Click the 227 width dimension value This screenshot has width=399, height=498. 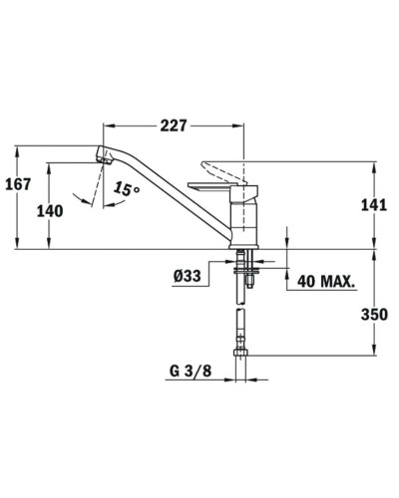click(x=176, y=126)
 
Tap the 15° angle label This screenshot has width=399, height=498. click(x=127, y=188)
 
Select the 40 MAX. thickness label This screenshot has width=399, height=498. click(x=325, y=282)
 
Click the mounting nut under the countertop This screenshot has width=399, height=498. click(x=244, y=265)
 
